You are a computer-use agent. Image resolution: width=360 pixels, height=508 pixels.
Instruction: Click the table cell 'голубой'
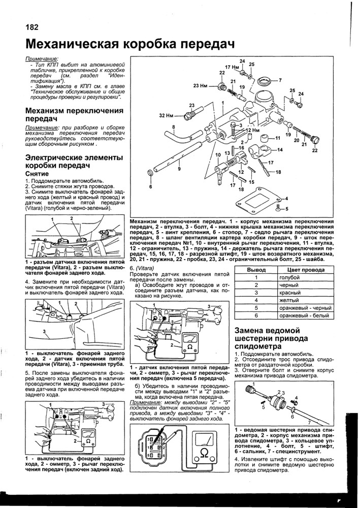[x=289, y=277]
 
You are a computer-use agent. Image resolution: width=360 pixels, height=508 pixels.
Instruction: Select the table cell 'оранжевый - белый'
[x=303, y=315]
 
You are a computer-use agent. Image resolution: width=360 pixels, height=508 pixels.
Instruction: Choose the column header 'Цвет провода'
[x=306, y=270]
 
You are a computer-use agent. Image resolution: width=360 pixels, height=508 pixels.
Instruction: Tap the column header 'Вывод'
[x=256, y=270]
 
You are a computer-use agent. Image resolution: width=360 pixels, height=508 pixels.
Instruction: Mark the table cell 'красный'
[x=290, y=293]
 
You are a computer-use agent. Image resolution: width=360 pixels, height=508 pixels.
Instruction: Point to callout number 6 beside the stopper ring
[x=151, y=186]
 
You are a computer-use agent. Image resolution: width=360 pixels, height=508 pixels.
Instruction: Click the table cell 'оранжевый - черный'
[x=303, y=308]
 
